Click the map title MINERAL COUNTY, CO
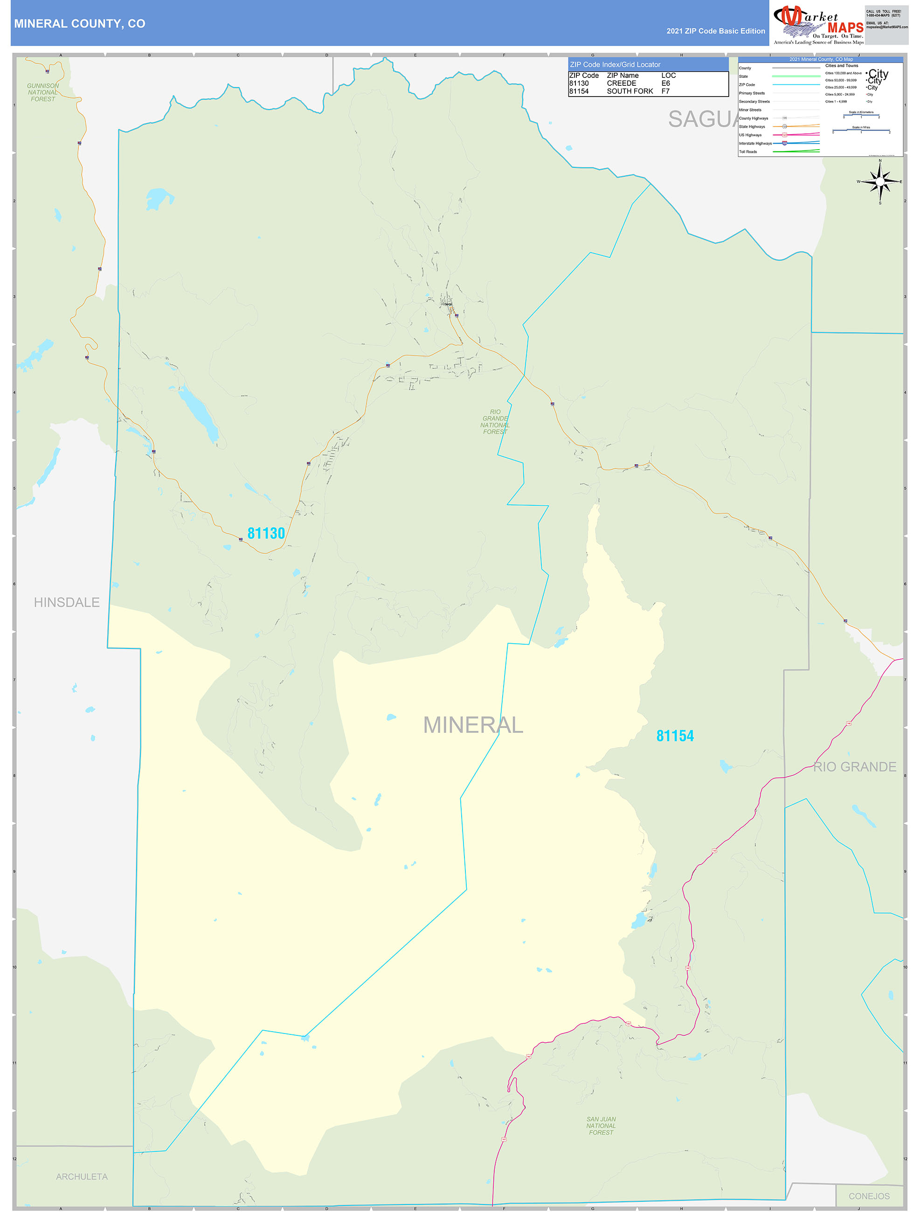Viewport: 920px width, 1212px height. pos(79,24)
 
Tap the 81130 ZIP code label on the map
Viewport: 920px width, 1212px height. pos(266,533)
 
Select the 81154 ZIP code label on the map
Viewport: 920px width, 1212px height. pos(675,736)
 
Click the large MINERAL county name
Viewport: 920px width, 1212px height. pos(473,725)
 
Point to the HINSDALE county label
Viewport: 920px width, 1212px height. pos(66,602)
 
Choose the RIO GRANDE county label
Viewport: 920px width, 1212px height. pos(854,766)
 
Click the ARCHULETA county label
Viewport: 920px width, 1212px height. pos(82,1177)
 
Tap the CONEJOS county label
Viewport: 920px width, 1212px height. pos(869,1196)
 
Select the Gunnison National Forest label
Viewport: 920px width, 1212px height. pos(43,92)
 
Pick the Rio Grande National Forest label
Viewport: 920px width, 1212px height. pos(495,422)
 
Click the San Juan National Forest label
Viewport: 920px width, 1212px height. pos(601,1125)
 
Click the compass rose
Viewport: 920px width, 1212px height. pos(879,181)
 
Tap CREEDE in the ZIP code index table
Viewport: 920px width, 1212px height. pos(622,83)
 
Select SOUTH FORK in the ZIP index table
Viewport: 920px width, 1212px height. pos(629,91)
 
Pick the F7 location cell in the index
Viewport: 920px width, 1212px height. pos(665,91)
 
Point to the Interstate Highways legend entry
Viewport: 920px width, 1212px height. pos(755,144)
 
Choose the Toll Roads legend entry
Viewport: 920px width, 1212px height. pos(748,152)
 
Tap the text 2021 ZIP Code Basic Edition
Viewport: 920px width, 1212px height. pos(716,31)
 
